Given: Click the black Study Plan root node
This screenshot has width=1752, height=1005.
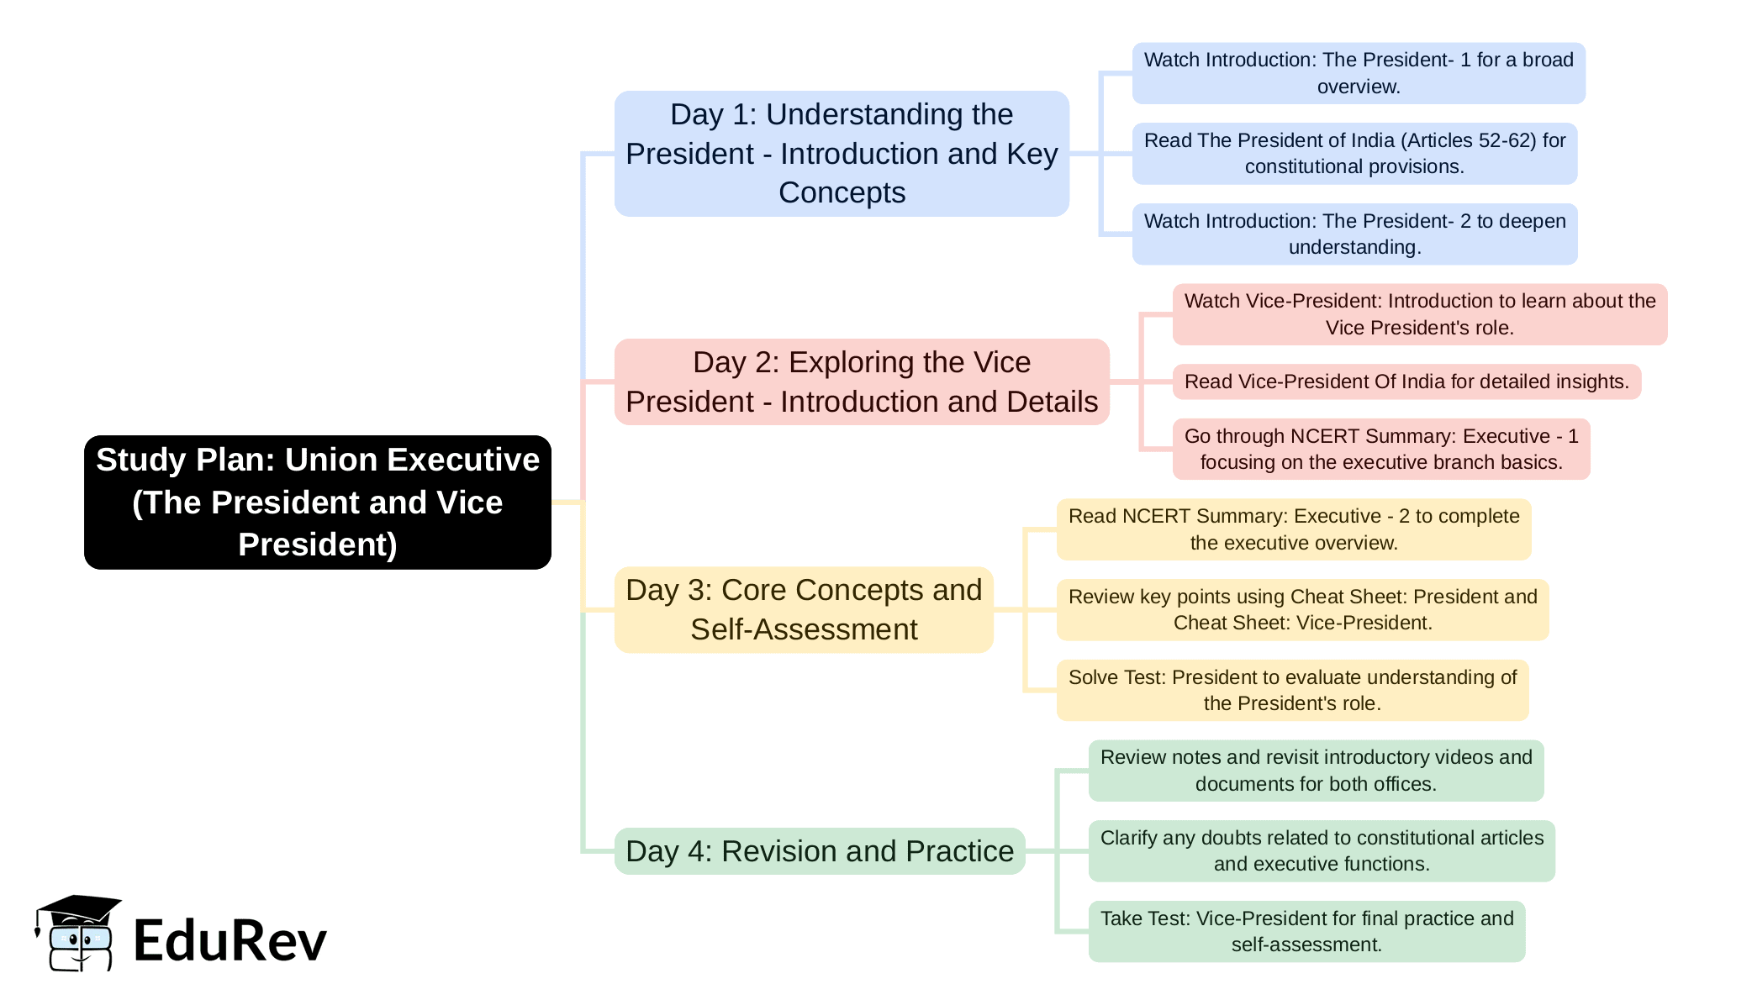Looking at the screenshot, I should click(318, 502).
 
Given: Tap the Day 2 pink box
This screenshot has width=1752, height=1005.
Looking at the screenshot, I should click(862, 381).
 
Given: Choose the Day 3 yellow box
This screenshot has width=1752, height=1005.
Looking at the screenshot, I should click(804, 609).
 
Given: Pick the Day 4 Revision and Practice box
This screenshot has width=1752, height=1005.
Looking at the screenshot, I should click(820, 851).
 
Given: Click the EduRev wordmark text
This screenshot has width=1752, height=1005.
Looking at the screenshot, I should click(230, 940).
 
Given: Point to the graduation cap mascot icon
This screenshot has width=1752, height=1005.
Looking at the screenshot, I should click(78, 933).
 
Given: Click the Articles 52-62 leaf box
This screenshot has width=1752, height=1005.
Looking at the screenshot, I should click(1354, 154).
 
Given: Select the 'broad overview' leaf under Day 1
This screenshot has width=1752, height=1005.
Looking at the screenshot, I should click(1359, 73).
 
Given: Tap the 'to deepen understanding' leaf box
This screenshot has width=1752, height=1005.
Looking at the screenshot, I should click(1354, 234).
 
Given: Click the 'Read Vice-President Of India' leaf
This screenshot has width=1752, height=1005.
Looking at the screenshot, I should click(1406, 381).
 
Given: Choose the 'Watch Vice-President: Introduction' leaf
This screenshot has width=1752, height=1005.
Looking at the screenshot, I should click(1420, 314).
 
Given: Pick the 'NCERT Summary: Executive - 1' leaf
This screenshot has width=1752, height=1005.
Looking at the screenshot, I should click(1381, 449).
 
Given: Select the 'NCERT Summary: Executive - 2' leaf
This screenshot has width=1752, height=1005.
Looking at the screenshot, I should click(1294, 529).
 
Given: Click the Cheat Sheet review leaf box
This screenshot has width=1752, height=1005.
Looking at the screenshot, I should click(1302, 609).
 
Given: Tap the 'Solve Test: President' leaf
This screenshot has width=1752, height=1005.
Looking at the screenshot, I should click(1292, 690).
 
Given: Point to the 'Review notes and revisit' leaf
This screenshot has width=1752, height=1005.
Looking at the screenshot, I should click(1316, 771).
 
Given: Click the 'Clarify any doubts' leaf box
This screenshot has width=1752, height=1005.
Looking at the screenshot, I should click(1322, 850).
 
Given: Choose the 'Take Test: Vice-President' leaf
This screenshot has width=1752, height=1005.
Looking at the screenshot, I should click(1306, 931).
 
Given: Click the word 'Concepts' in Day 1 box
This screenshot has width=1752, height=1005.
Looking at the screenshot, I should click(842, 192).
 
